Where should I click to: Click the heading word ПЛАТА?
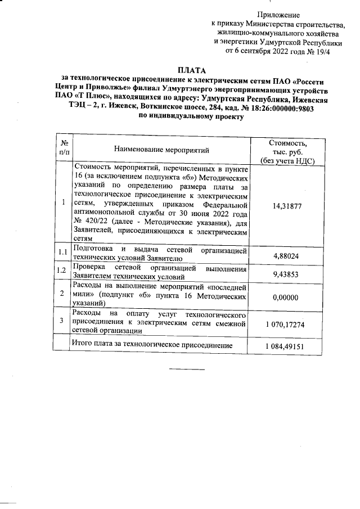click(192, 70)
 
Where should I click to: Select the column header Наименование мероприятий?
click(161, 150)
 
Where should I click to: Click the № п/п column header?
click(65, 147)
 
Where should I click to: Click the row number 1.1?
click(64, 252)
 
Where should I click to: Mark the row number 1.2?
click(64, 272)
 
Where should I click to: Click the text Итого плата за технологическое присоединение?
click(152, 343)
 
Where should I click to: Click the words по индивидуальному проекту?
click(191, 118)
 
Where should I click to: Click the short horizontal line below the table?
click(187, 370)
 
